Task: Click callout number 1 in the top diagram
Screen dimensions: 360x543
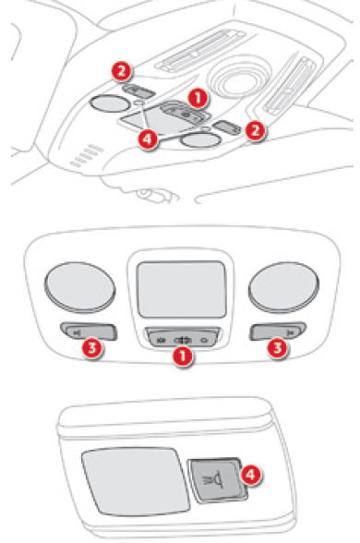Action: [x=198, y=98]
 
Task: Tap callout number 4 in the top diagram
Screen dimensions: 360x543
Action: [x=148, y=139]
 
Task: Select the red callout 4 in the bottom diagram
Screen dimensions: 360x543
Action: [x=251, y=475]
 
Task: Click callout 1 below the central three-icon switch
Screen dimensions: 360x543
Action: [x=183, y=357]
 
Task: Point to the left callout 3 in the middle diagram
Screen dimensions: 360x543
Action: [x=92, y=347]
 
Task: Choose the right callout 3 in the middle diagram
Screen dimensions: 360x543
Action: [x=278, y=347]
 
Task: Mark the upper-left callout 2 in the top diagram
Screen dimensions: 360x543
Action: [x=121, y=72]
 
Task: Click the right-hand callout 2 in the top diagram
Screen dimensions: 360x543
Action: [x=255, y=131]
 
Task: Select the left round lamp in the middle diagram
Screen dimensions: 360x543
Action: [x=79, y=287]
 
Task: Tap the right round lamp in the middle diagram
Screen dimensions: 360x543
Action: [x=283, y=287]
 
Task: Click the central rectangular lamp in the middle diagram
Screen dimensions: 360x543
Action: [x=182, y=289]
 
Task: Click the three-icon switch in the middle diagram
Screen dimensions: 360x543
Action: [x=183, y=337]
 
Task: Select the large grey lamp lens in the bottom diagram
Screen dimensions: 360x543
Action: [x=135, y=481]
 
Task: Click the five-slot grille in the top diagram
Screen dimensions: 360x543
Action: [x=87, y=156]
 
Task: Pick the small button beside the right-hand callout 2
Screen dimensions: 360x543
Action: [x=227, y=127]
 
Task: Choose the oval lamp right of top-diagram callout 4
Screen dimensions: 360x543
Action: [x=201, y=140]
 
